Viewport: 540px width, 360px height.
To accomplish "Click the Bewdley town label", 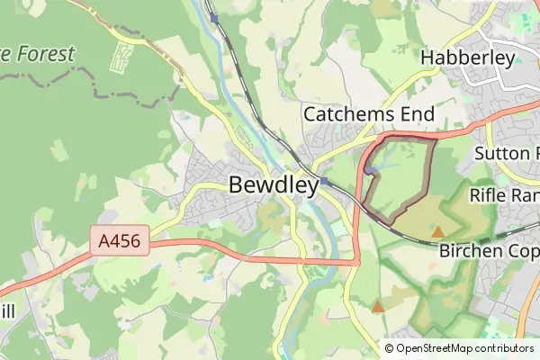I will [x=274, y=185].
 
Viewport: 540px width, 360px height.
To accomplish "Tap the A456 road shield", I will [x=119, y=241].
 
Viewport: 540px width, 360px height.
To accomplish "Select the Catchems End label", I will [x=368, y=114].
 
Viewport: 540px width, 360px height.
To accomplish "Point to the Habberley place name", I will [x=468, y=58].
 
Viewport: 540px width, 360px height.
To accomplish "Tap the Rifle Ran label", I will [x=503, y=195].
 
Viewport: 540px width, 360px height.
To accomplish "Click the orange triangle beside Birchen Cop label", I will [x=437, y=232].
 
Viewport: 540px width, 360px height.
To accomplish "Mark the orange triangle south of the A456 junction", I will [x=378, y=308].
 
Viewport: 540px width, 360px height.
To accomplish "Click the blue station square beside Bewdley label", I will [x=322, y=182].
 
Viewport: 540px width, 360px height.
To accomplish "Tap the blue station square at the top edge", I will [x=214, y=17].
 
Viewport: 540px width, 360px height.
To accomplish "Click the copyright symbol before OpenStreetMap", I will [x=389, y=348].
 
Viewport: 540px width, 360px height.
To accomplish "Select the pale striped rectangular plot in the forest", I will [x=119, y=58].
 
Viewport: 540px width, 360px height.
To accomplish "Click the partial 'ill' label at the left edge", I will [x=7, y=311].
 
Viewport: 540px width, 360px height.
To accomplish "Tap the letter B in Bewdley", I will [x=237, y=185].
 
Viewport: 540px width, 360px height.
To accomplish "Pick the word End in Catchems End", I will [x=418, y=114].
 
